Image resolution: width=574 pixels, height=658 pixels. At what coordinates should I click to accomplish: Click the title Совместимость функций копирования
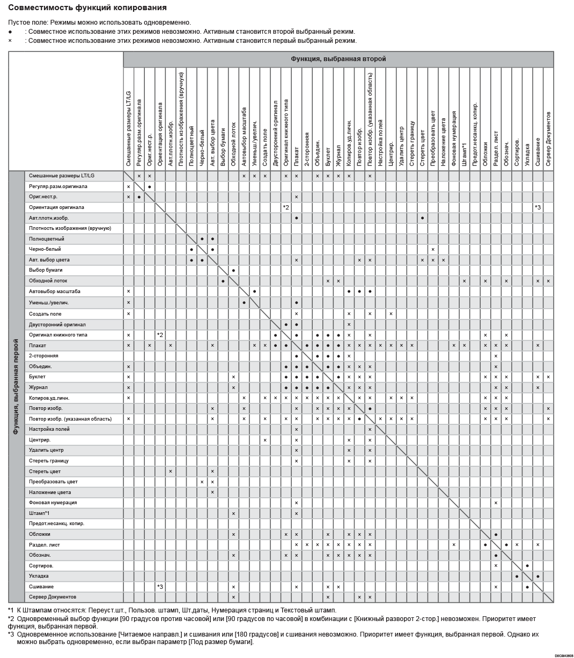(x=87, y=8)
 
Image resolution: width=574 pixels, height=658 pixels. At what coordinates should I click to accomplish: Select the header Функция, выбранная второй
(x=338, y=59)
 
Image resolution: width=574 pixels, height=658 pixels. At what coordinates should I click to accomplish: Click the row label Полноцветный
(x=47, y=238)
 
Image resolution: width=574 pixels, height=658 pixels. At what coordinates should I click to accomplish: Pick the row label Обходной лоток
(x=48, y=281)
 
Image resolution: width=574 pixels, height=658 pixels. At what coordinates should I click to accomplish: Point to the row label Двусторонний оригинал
(x=57, y=325)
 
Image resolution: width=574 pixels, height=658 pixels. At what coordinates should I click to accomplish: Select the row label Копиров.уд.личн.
(x=49, y=398)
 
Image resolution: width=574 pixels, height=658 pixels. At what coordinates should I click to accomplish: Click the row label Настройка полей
(x=49, y=429)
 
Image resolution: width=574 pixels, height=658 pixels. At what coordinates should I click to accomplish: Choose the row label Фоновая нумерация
(x=53, y=503)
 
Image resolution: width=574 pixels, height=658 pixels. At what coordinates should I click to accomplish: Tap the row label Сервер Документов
(x=53, y=597)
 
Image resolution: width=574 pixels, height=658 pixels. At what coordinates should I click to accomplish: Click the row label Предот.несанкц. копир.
(x=57, y=524)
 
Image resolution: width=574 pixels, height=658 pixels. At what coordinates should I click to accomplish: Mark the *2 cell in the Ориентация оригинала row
(x=286, y=207)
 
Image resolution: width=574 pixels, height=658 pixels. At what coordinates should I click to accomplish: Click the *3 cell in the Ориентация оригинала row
(x=538, y=207)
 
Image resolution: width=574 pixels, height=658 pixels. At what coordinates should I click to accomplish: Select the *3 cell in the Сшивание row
(x=160, y=587)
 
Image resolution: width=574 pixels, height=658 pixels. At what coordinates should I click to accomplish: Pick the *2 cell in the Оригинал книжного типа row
(x=160, y=335)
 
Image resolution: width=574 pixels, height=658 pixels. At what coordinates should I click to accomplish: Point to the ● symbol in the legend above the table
(x=10, y=32)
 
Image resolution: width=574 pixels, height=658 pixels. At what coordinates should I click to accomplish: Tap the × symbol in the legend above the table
(x=10, y=41)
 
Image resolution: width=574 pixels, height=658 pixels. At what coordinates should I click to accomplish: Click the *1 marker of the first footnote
(x=11, y=610)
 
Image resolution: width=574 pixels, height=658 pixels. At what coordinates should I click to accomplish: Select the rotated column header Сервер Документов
(x=548, y=138)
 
